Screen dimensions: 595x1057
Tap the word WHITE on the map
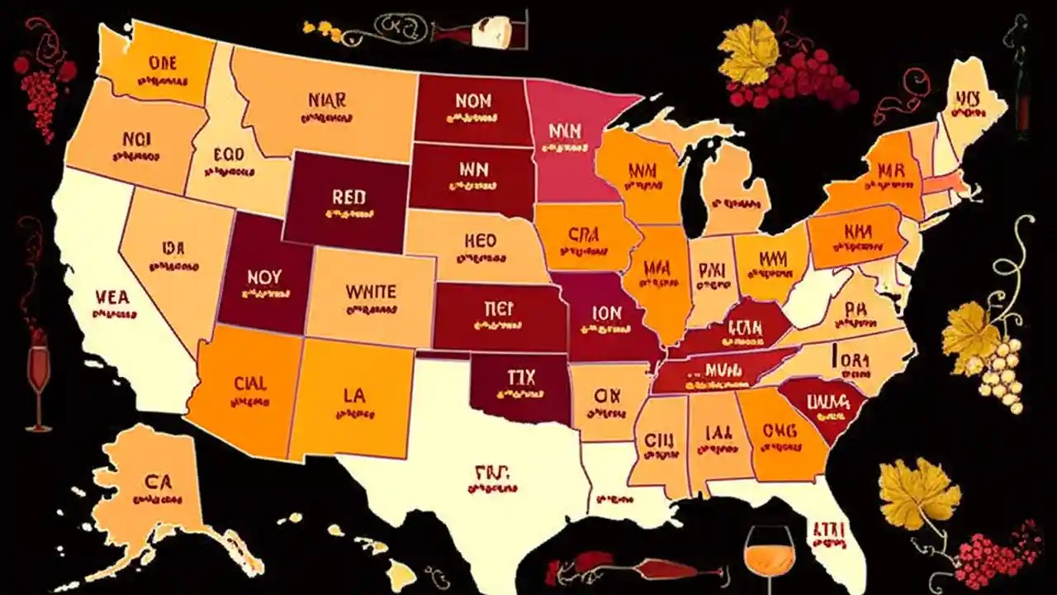(371, 292)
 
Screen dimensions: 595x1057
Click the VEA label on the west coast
(112, 297)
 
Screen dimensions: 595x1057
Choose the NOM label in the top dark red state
(472, 101)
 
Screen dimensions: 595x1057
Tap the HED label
(480, 240)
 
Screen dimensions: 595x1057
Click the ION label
(606, 314)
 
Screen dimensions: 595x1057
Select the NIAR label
(327, 100)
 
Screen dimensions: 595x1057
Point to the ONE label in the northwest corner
(164, 63)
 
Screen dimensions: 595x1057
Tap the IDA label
(173, 247)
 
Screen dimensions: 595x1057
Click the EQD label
(227, 154)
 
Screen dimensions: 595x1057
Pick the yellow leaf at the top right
(749, 51)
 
